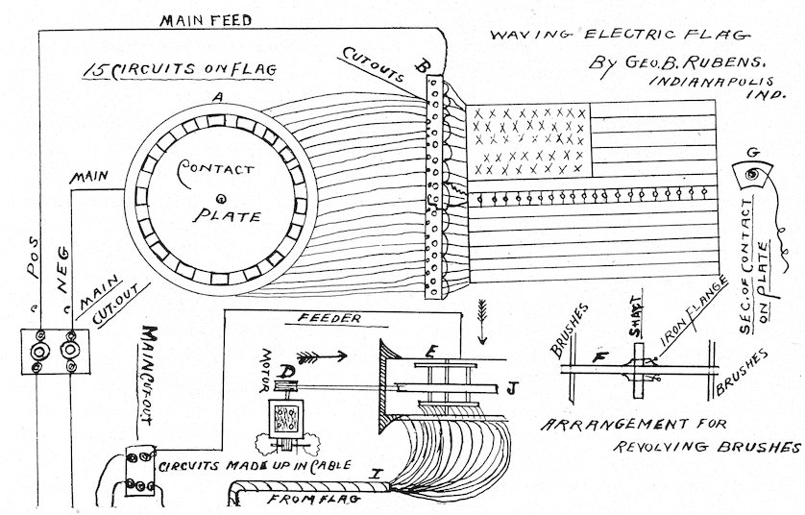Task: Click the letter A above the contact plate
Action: (219, 96)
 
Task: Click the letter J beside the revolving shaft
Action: (512, 388)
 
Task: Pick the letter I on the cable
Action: (376, 473)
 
